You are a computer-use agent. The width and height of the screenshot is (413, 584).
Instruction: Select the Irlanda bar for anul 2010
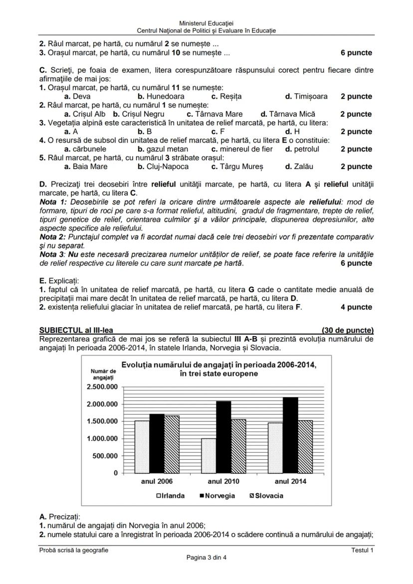coord(208,455)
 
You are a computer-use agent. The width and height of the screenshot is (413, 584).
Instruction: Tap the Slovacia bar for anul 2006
coord(172,444)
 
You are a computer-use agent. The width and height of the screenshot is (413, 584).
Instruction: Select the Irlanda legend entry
coord(171,496)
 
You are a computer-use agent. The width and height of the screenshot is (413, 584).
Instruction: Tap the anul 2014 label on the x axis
coord(290,481)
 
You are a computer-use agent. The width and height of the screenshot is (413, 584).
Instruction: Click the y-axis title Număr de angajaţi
coord(103,374)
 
